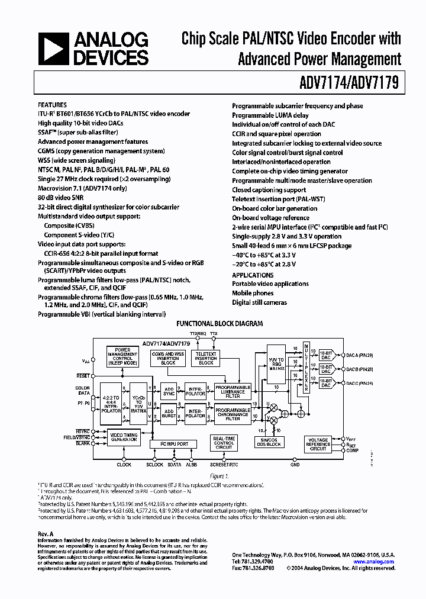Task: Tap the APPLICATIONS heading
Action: (x=253, y=275)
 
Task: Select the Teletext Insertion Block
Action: (x=206, y=358)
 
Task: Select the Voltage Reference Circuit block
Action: (x=318, y=445)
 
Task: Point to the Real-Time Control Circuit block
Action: (x=224, y=443)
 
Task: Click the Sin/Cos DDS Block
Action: (x=270, y=442)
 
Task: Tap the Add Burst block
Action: (x=169, y=414)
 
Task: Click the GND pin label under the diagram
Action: (x=295, y=465)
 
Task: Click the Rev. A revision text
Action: (x=46, y=534)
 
